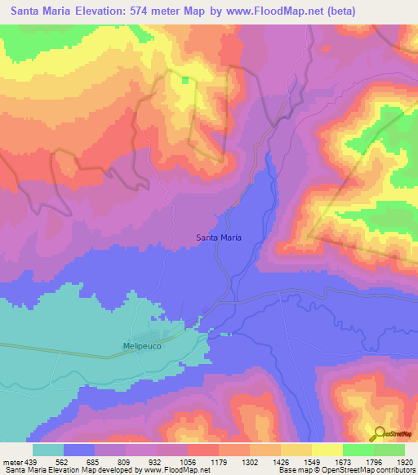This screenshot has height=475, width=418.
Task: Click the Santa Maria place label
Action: coord(219,237)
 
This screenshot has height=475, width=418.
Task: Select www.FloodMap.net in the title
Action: coord(304,11)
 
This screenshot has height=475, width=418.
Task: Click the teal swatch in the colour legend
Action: coord(48,450)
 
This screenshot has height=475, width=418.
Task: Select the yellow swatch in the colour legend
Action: coord(327,450)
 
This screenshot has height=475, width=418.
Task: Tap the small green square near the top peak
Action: coord(185,80)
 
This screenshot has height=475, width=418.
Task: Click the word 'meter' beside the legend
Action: coord(11,461)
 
